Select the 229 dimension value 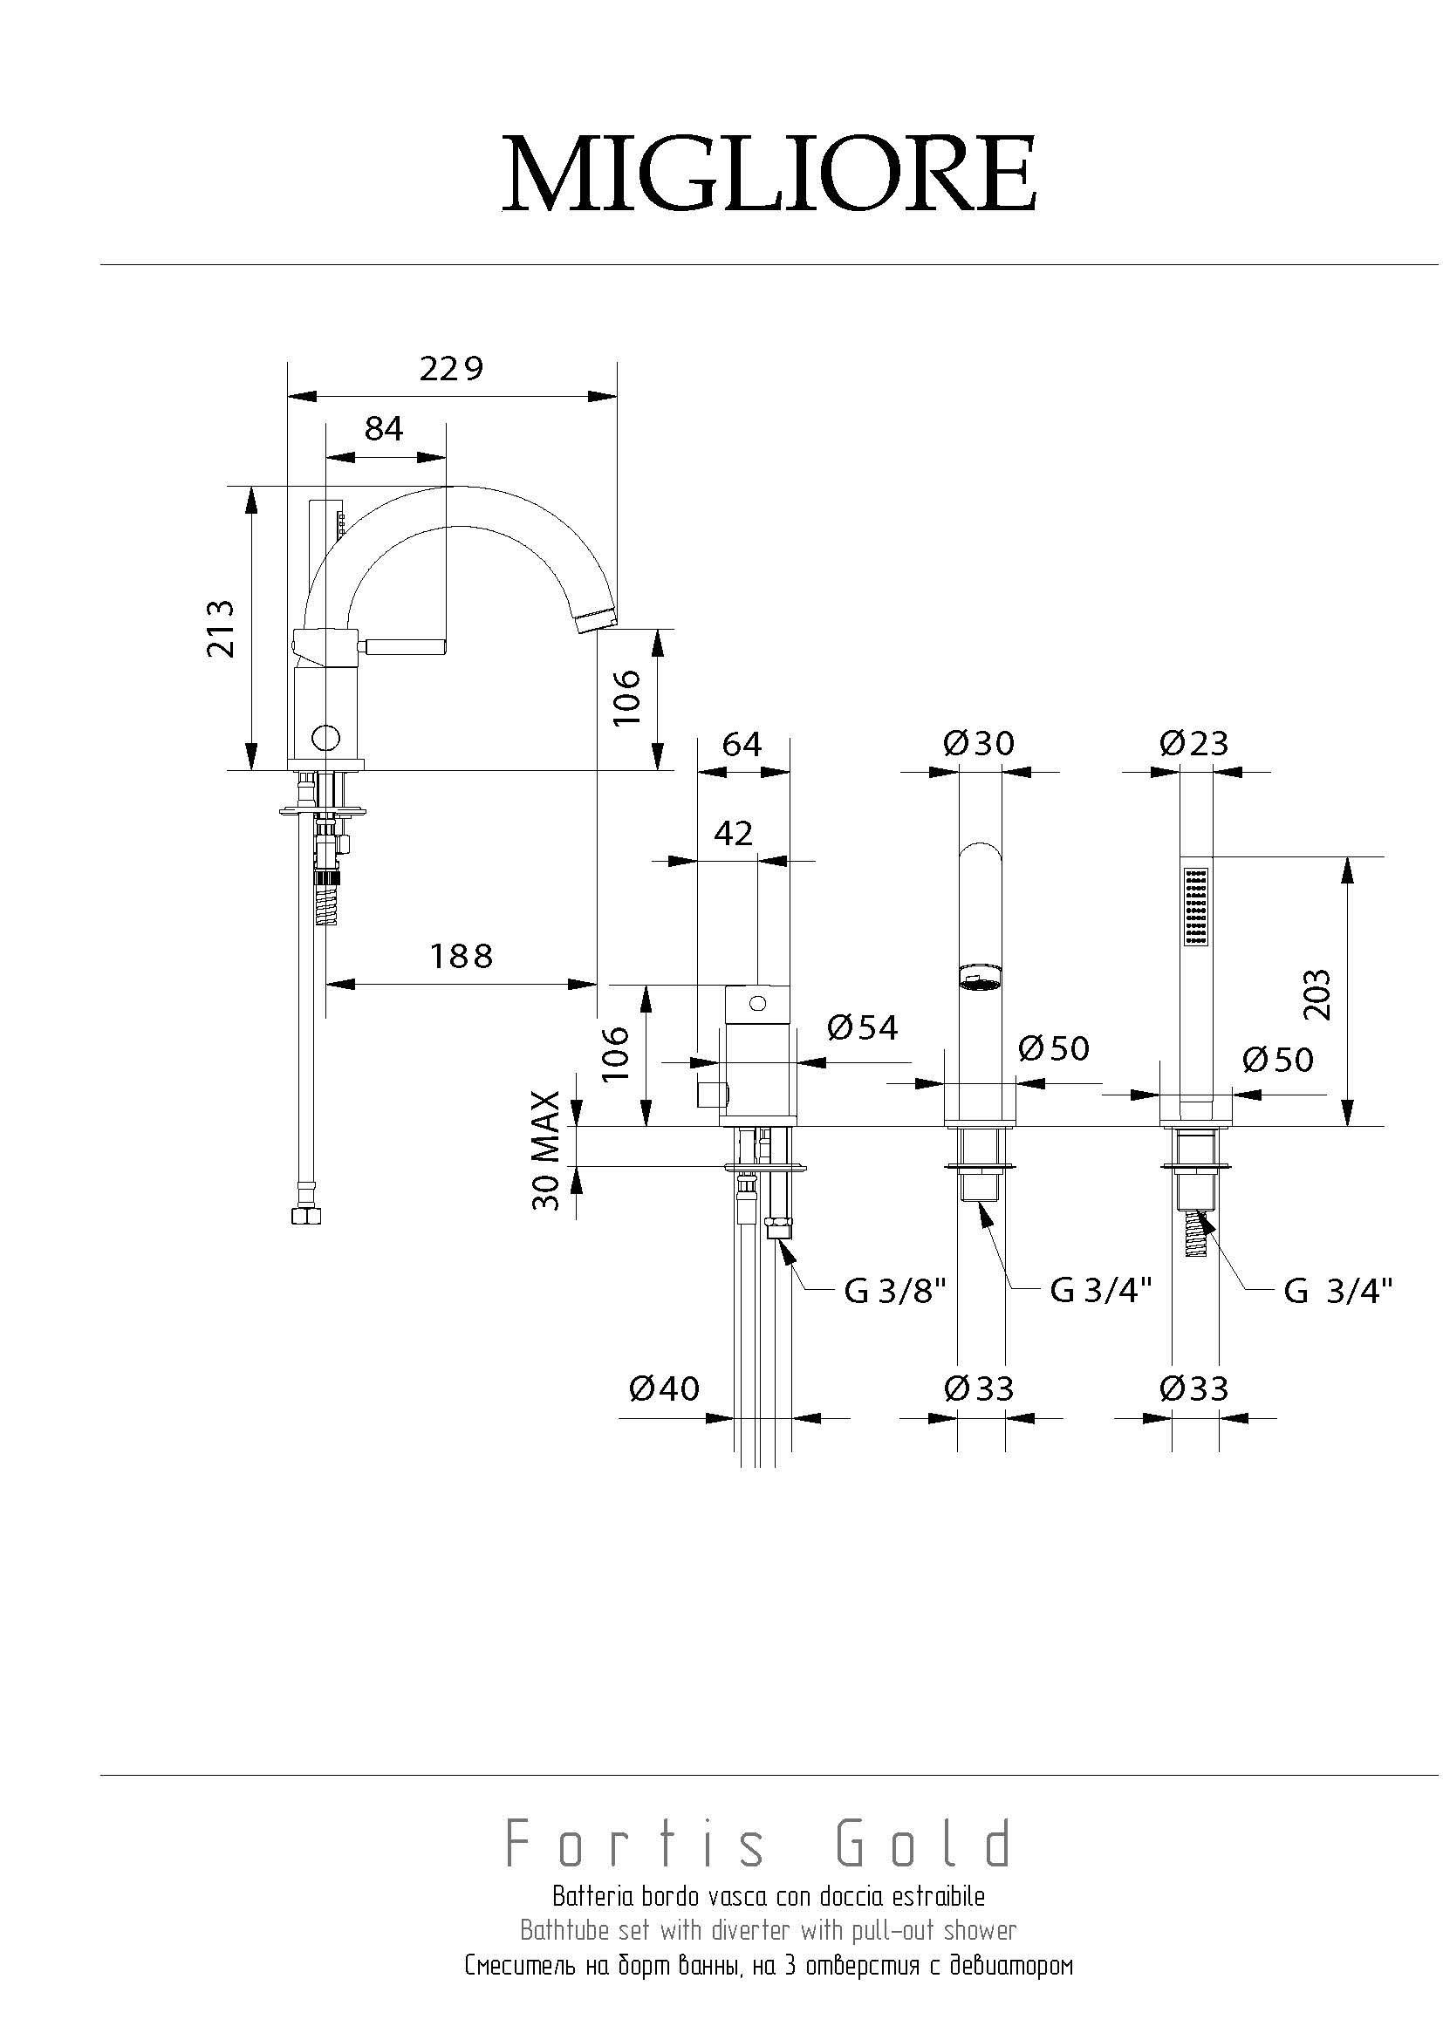(x=451, y=368)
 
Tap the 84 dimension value (x=384, y=428)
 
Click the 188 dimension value (x=462, y=956)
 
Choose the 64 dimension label (x=742, y=744)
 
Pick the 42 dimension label (x=733, y=833)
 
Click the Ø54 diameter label (x=862, y=1028)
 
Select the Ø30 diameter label (x=978, y=743)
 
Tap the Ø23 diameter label (x=1193, y=743)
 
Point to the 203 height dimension (x=1318, y=994)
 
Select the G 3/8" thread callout (x=894, y=1291)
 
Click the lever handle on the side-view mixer (x=411, y=646)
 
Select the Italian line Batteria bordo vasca (x=769, y=1896)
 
